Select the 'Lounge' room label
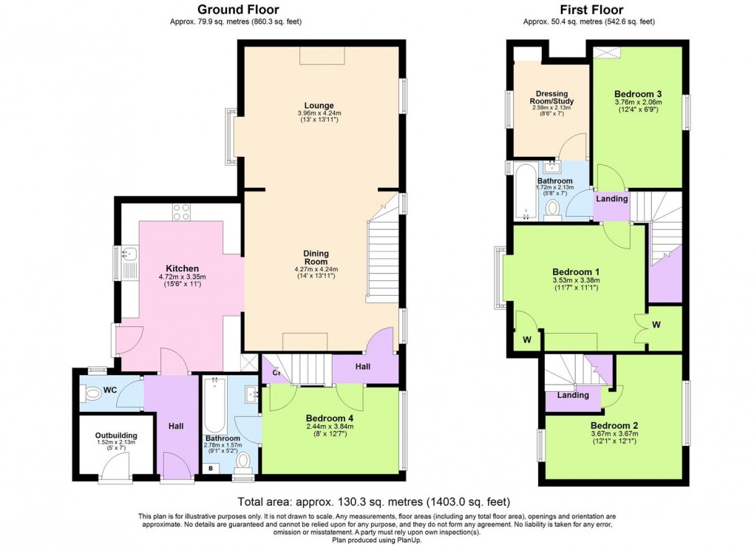318,105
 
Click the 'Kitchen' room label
180,268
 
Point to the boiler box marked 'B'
211,468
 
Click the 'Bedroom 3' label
637,94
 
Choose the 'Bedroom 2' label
614,425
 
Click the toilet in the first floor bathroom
551,212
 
